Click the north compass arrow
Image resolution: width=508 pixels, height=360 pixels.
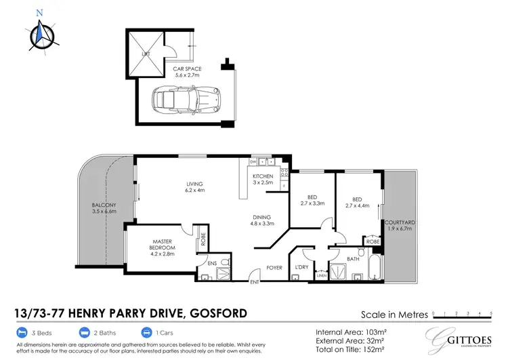click(40, 31)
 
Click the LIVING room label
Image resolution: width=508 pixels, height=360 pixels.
click(195, 188)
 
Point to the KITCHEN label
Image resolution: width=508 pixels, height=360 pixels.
click(263, 180)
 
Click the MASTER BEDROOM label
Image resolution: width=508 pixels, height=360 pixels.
click(163, 245)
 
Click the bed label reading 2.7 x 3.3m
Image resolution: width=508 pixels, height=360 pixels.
click(312, 201)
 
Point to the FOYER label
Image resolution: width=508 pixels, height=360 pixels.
click(274, 267)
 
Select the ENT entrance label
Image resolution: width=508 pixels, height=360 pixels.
click(255, 282)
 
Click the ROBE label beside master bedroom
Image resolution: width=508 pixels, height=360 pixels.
click(203, 241)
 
